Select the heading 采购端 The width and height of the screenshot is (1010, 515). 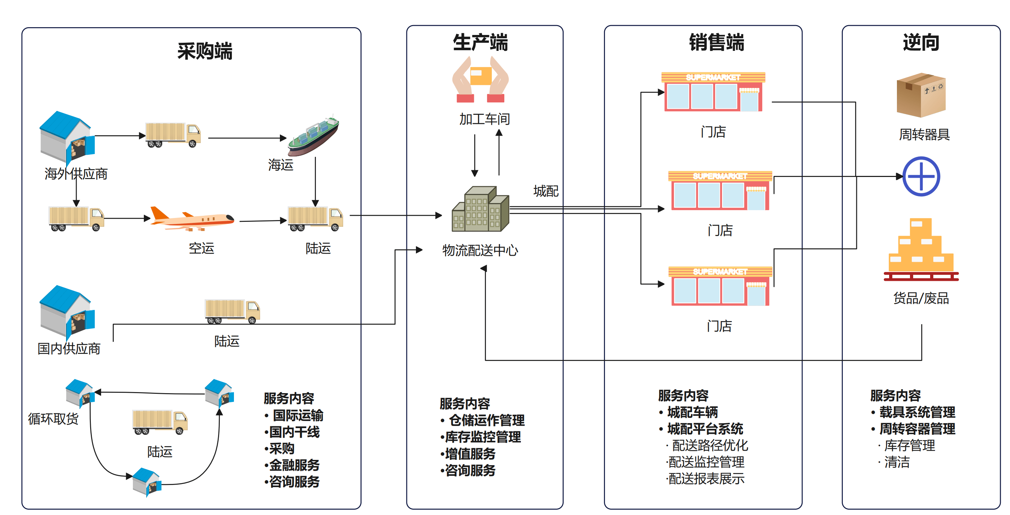[x=205, y=51]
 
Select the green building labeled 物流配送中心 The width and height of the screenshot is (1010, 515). [x=481, y=209]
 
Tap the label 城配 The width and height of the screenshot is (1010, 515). [x=546, y=191]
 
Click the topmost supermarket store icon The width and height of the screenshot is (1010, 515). [x=713, y=92]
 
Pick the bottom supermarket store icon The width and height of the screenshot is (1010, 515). [x=720, y=286]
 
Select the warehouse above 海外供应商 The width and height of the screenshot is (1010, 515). [x=67, y=137]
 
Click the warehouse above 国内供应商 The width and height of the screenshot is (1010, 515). [x=67, y=311]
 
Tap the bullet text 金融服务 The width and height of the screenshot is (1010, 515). [x=294, y=465]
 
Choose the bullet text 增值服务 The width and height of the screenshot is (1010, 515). [x=470, y=454]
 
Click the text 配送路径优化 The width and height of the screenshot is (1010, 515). [x=710, y=446]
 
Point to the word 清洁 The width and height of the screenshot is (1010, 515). [x=897, y=462]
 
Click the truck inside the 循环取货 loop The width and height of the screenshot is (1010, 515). [x=160, y=422]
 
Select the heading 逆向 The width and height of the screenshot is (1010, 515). [x=921, y=42]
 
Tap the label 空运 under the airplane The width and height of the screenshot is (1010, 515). [x=201, y=248]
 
